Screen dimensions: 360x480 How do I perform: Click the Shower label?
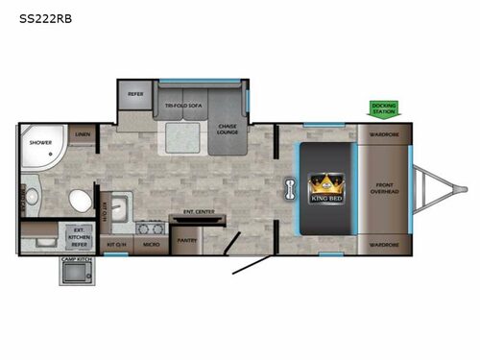pos(39,143)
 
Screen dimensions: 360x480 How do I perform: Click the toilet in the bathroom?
pos(80,201)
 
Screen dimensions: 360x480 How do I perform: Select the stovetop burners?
pos(149,228)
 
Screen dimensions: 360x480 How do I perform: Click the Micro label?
pos(151,244)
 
